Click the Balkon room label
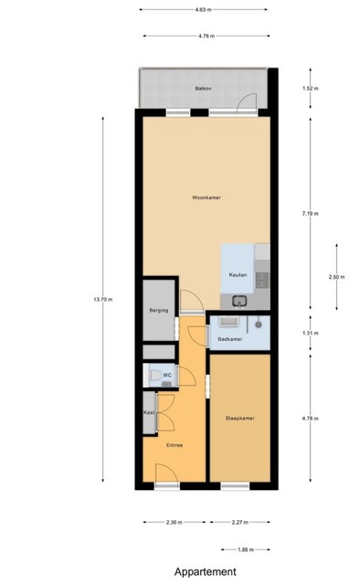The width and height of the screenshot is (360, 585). coord(204,89)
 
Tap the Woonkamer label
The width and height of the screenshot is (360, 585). coord(206,197)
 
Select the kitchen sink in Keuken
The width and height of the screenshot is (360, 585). coord(238,301)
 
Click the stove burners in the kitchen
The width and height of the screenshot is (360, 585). coord(262,281)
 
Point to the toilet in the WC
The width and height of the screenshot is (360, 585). coord(154,375)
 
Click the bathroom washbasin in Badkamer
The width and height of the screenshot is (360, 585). coord(228,321)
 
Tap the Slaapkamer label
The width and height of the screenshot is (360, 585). coord(240,419)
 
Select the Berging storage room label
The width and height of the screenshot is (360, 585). coord(159,311)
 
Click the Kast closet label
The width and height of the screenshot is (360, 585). coord(149,412)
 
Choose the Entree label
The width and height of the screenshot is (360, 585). coord(175,445)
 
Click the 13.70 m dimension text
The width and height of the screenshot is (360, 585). coord(103,299)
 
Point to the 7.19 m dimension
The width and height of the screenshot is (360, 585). coord(311,214)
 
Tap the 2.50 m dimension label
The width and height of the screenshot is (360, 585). coord(336,277)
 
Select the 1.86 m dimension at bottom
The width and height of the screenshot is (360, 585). coord(246,549)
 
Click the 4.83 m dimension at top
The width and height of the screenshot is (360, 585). coord(203,10)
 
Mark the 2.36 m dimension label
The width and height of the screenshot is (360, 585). coord(175,522)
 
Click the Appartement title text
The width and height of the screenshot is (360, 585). coord(206,572)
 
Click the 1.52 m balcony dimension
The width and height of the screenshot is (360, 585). coord(311,89)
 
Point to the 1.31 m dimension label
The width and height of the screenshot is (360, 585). coord(311,333)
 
